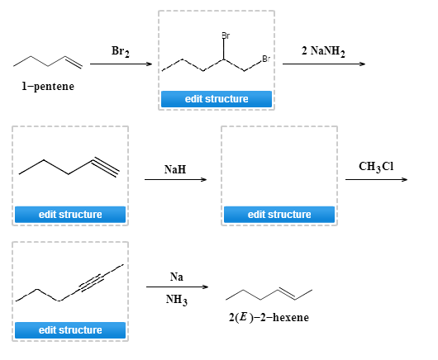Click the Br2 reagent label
click(120, 51)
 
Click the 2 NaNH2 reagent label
click(323, 51)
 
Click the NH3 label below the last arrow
click(176, 300)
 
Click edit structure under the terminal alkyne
click(70, 215)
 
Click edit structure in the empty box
click(279, 215)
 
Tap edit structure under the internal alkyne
click(70, 330)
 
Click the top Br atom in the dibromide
click(225, 36)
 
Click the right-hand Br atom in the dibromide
click(264, 58)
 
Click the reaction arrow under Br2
click(121, 64)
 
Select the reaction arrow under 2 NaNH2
click(323, 64)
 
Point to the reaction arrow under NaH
click(175, 181)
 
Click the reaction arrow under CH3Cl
click(376, 181)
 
